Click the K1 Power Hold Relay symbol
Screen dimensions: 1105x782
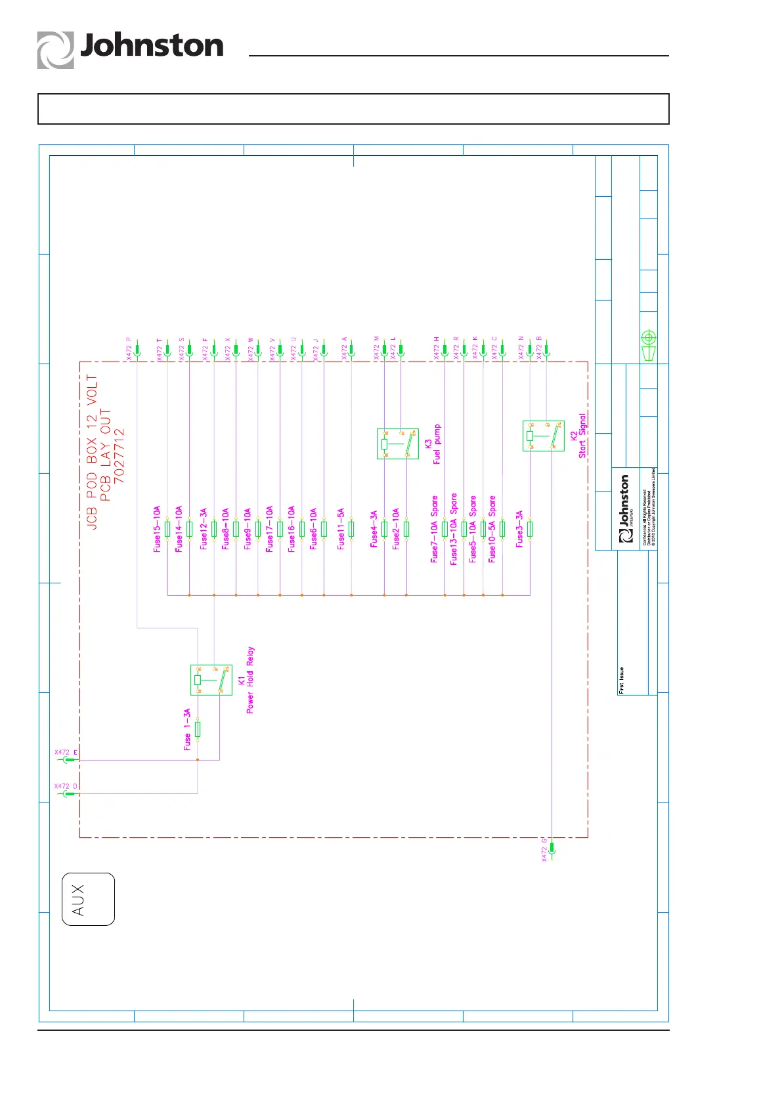click(x=211, y=680)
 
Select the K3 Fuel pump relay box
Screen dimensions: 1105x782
click(x=397, y=444)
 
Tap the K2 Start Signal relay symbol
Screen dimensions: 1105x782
click(x=543, y=436)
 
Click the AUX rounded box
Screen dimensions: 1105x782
click(x=88, y=899)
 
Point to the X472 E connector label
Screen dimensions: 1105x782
click(x=66, y=753)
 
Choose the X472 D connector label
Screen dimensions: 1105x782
click(x=66, y=786)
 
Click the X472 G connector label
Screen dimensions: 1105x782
click(x=544, y=849)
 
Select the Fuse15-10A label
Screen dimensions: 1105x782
click(x=157, y=529)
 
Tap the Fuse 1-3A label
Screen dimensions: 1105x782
click(x=187, y=729)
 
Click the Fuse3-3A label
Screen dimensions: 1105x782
click(x=519, y=529)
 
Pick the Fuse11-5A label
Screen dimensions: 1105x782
click(x=341, y=529)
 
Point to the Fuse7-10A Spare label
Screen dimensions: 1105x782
click(x=434, y=529)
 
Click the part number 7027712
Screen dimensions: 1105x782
click(x=119, y=456)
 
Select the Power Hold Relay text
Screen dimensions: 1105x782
click(x=250, y=680)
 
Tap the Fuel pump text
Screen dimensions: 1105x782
click(x=437, y=444)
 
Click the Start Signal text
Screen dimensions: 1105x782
click(x=582, y=436)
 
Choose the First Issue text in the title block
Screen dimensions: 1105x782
click(x=621, y=680)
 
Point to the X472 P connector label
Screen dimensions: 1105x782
click(x=129, y=348)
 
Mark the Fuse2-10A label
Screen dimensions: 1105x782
click(x=396, y=529)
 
